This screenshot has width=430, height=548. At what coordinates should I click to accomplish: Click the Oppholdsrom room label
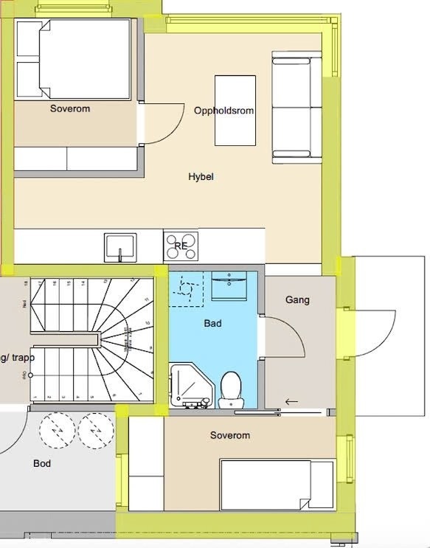pos(224,111)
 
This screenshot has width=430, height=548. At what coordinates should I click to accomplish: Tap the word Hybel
pos(201,177)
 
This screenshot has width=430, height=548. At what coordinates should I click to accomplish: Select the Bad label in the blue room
pos(212,323)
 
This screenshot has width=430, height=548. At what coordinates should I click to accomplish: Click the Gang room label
pos(297,300)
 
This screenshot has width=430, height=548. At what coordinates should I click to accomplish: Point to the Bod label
pos(42,464)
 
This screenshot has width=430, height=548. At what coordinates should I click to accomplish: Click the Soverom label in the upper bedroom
pos(70,109)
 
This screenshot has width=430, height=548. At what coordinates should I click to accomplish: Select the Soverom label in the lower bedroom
pos(229,435)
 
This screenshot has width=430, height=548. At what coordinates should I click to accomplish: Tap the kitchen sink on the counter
pos(120,246)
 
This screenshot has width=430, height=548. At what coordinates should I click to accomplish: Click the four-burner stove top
pos(181,246)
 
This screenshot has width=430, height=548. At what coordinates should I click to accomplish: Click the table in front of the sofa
pos(235,111)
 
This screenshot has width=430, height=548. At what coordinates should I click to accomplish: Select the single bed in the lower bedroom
pos(277,484)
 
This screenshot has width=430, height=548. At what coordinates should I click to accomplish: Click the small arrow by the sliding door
pos(292,402)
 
